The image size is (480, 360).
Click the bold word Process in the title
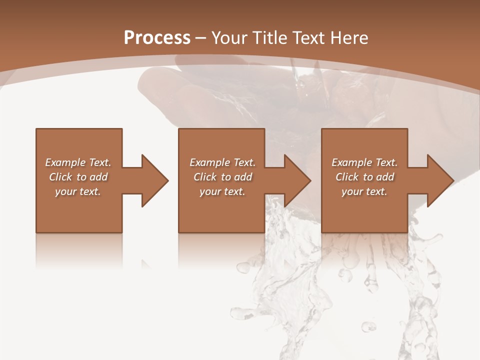tap(157, 38)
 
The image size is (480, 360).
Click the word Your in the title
tap(230, 38)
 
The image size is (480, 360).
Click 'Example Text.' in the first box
tap(78, 162)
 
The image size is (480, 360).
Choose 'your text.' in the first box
tap(78, 191)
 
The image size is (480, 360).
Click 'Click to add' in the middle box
tap(222, 177)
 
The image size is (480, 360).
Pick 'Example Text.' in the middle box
tap(222, 162)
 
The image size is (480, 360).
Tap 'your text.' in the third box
tap(364, 191)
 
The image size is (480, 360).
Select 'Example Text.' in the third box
tap(364, 162)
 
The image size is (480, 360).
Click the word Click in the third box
tap(347, 177)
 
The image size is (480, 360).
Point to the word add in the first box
tap(98, 177)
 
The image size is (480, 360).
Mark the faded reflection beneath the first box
tap(79, 250)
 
